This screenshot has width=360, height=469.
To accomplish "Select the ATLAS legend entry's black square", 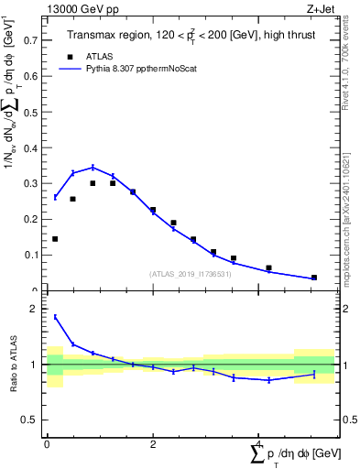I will tap(67, 56).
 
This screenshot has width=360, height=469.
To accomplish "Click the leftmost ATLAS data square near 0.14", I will tap(55, 239).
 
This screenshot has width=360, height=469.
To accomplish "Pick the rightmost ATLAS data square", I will tap(314, 278).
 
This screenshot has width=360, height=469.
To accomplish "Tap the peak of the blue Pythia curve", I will tap(93, 168).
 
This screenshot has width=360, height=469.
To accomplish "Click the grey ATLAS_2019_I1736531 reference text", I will tap(191, 273).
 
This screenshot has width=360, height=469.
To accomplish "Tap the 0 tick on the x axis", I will tap(47, 443).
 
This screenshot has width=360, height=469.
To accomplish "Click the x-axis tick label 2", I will tap(153, 443).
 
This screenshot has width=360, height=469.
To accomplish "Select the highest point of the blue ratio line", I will tap(55, 317).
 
